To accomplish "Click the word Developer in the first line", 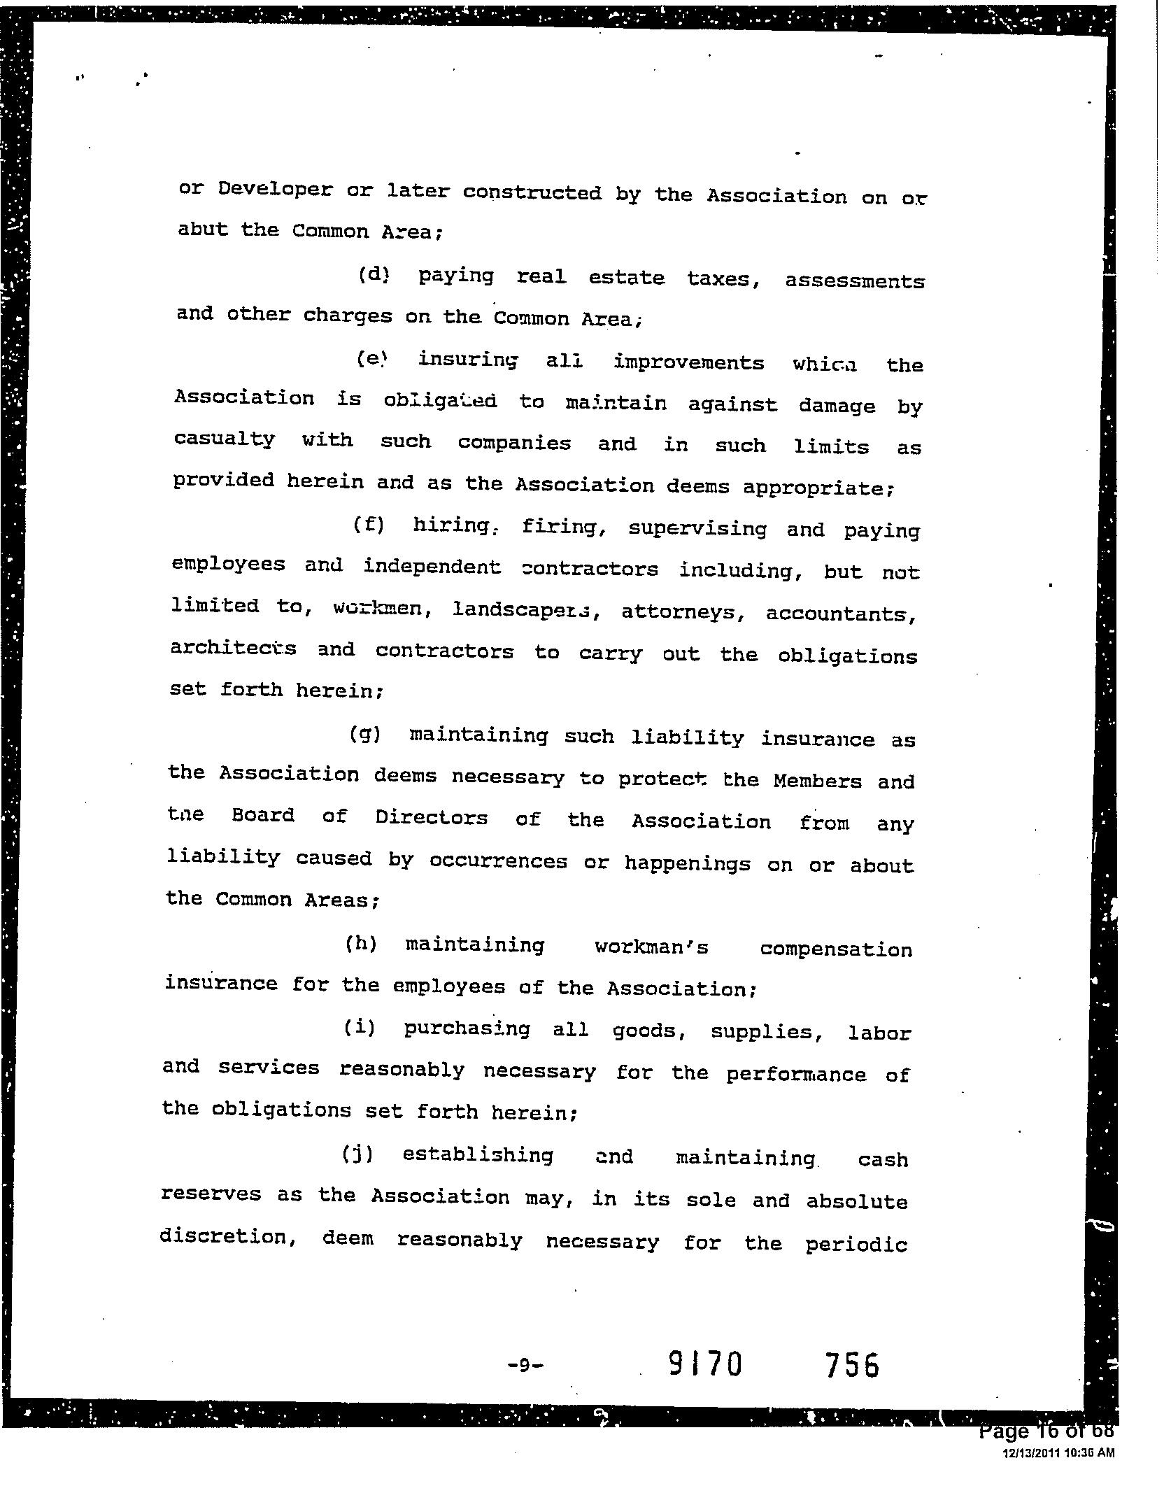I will (x=275, y=190).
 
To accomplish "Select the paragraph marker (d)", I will (x=373, y=275).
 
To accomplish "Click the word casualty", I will (x=225, y=440).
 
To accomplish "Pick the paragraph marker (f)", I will (x=369, y=525).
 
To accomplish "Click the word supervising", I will (x=697, y=528).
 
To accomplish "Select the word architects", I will (x=233, y=649).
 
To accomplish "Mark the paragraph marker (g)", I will (x=365, y=735).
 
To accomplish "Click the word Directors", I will (x=431, y=817).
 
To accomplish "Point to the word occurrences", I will (x=498, y=861).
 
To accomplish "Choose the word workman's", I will (x=651, y=947).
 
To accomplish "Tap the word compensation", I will (x=836, y=950).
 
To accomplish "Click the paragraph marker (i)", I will (x=360, y=1028).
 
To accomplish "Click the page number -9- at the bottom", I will (x=525, y=1364).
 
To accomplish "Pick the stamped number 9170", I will (x=705, y=1364).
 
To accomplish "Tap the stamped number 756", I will (x=851, y=1365).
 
